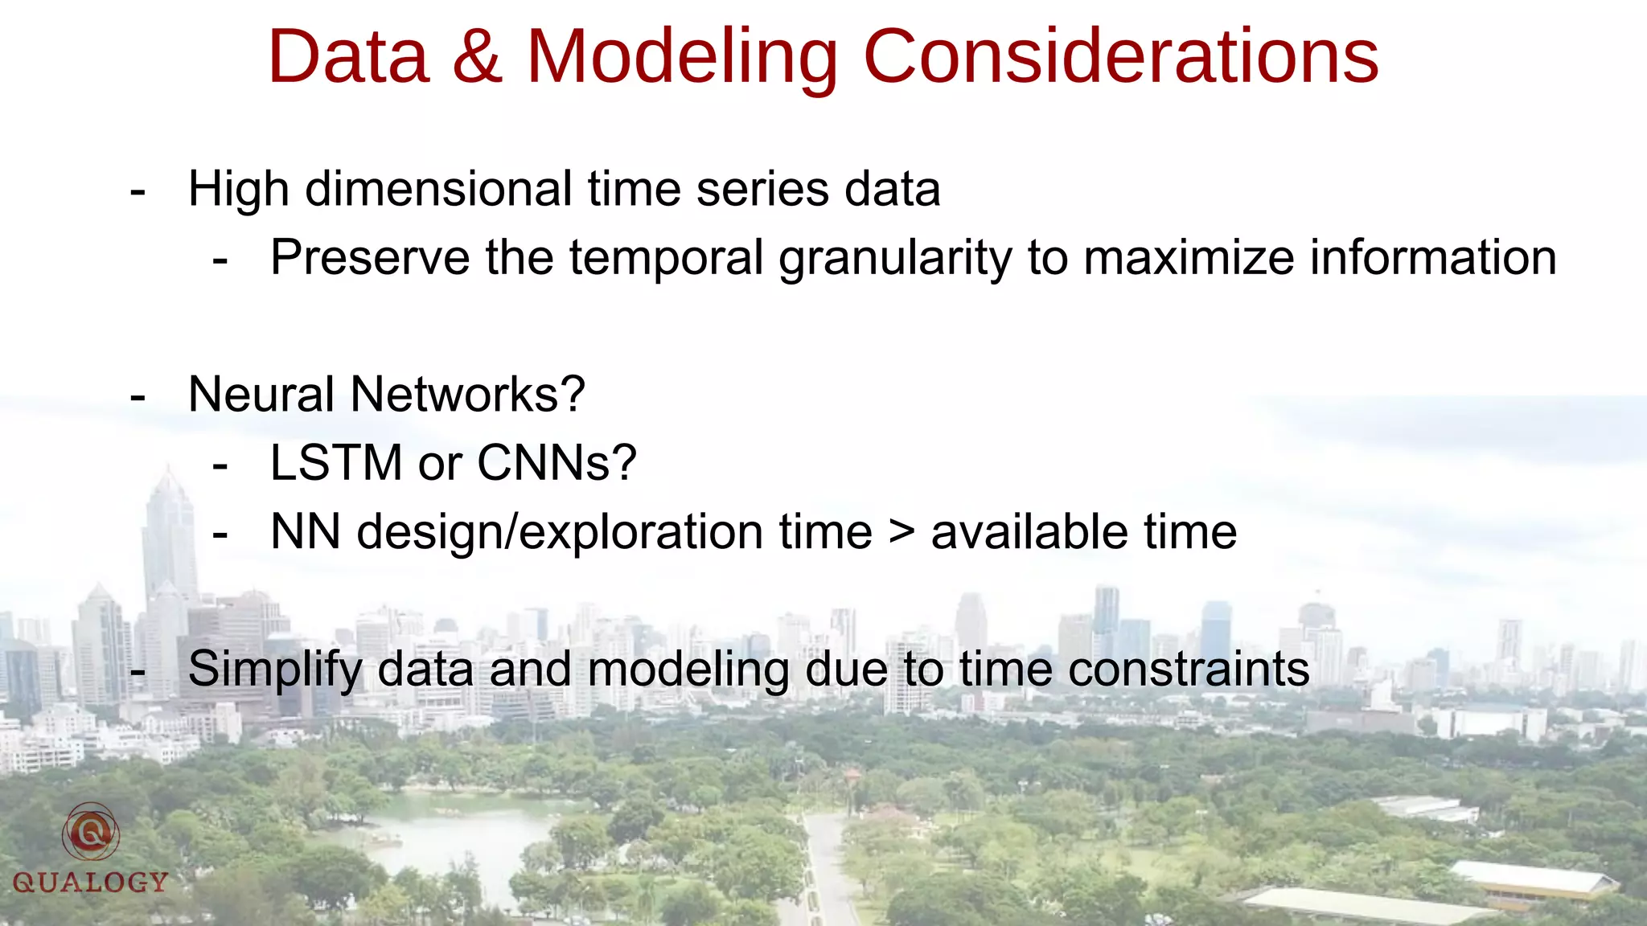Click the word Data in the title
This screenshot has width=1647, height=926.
(x=348, y=56)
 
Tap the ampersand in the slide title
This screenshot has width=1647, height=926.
(x=478, y=56)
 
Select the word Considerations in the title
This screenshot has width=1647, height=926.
(x=1120, y=56)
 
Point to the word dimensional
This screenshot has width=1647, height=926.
(x=439, y=190)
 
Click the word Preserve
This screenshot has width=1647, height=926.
(x=370, y=258)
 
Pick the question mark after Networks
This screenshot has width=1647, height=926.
(x=573, y=395)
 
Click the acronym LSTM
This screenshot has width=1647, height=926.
(x=336, y=464)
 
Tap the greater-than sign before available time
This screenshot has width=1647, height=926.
(x=902, y=533)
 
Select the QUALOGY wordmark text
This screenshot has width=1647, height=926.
(x=90, y=883)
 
